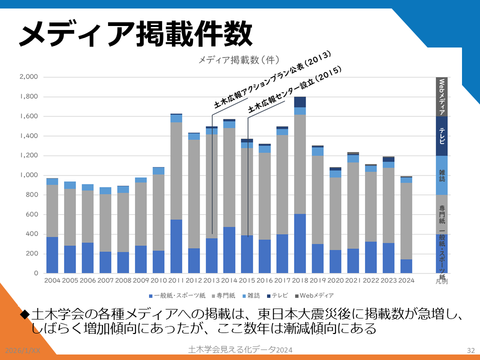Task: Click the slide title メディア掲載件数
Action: pyautogui.click(x=135, y=34)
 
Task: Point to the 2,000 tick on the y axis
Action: pyautogui.click(x=29, y=77)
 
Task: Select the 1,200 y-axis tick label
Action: pyautogui.click(x=29, y=155)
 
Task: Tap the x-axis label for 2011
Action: pyautogui.click(x=175, y=280)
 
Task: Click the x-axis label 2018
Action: pyautogui.click(x=299, y=280)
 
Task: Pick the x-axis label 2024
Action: pyautogui.click(x=405, y=280)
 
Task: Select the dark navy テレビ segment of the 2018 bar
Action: pyautogui.click(x=300, y=102)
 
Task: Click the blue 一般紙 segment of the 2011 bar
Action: pyautogui.click(x=176, y=246)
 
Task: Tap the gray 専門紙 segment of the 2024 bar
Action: pyautogui.click(x=406, y=220)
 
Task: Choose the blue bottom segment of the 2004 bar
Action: pyautogui.click(x=52, y=255)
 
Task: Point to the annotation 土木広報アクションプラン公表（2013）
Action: pyautogui.click(x=272, y=80)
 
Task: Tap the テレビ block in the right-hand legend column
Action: pyautogui.click(x=441, y=136)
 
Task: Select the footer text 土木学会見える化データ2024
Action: pyautogui.click(x=240, y=349)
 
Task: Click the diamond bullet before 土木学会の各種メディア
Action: pyautogui.click(x=25, y=315)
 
